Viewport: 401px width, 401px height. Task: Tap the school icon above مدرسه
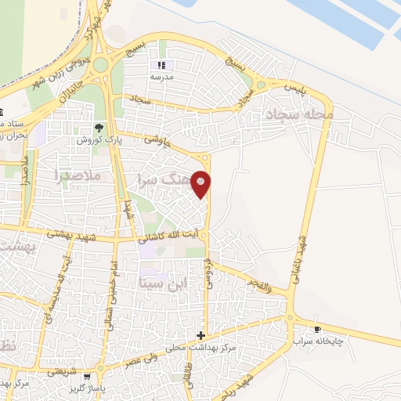point(162,65)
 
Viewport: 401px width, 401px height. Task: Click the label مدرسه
point(162,78)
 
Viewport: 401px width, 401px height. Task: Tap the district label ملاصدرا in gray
point(80,175)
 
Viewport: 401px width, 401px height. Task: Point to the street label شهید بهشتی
point(70,233)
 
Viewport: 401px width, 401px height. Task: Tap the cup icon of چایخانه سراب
point(317,329)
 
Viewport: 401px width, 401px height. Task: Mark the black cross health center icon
point(201,335)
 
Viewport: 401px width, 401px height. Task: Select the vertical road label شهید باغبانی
point(301,243)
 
